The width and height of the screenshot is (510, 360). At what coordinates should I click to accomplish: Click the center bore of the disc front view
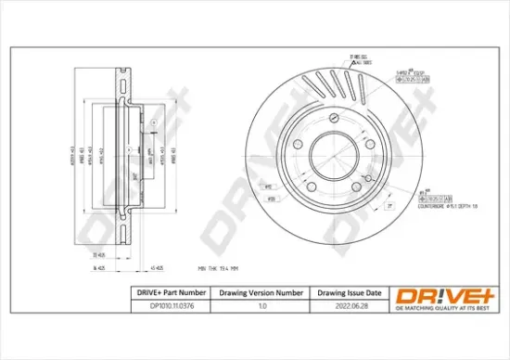(335, 151)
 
